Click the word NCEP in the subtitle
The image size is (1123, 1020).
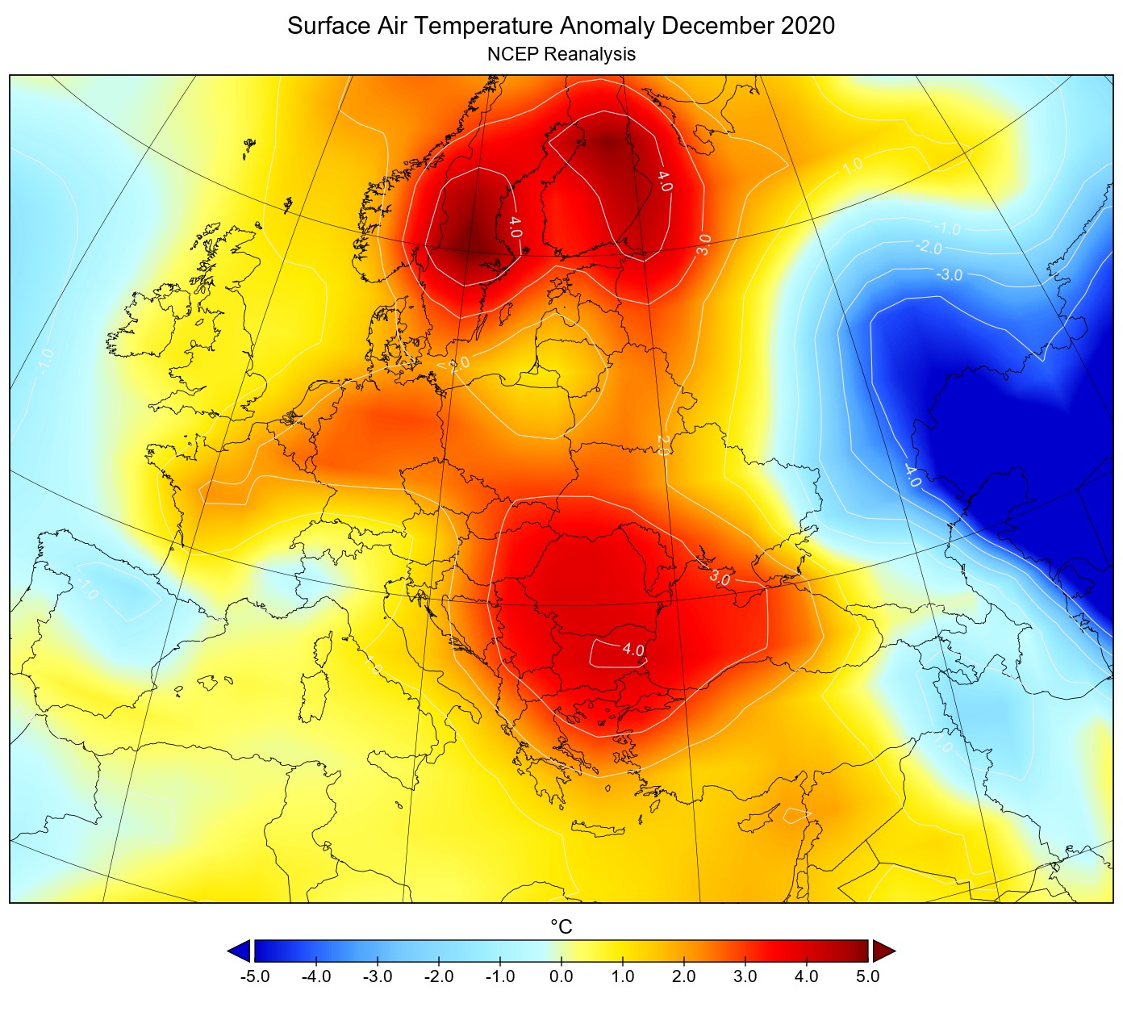click(512, 55)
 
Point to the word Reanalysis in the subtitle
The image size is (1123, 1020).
click(589, 55)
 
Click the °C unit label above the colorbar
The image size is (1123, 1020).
click(561, 927)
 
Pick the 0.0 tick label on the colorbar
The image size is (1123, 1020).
click(561, 976)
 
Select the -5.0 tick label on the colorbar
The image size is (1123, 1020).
click(255, 976)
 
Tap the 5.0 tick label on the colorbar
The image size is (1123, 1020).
click(867, 976)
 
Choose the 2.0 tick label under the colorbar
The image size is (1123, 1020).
click(683, 976)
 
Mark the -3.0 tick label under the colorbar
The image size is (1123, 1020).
click(378, 976)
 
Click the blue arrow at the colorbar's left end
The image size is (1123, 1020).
click(239, 951)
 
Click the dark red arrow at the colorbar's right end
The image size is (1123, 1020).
click(884, 951)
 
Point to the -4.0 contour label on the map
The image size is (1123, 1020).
click(912, 475)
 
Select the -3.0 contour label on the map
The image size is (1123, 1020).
click(950, 275)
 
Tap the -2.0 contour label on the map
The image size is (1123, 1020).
click(929, 248)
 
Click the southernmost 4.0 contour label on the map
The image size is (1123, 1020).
click(632, 650)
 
